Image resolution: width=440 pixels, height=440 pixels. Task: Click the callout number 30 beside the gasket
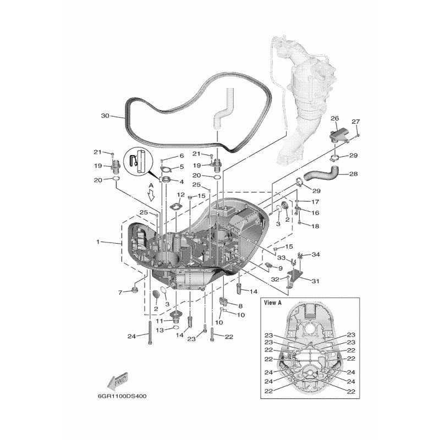point(105,116)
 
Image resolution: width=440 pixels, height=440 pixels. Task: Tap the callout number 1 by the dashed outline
point(98,241)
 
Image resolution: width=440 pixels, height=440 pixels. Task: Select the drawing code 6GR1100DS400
point(122,396)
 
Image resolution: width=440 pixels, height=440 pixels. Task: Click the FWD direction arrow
point(118,381)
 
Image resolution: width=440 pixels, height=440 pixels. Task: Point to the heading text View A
point(273,303)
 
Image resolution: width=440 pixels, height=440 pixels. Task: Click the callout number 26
point(335,118)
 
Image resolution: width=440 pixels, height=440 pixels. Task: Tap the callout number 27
point(355,122)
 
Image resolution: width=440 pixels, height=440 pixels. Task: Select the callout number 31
point(315,281)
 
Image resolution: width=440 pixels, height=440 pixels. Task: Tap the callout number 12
point(181,195)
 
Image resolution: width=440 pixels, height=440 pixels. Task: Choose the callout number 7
point(120,293)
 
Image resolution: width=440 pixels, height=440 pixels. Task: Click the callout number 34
point(316,255)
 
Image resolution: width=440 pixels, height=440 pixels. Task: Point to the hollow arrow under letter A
point(151,195)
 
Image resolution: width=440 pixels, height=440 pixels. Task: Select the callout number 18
point(315,226)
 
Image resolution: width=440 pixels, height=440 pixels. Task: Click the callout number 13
point(159,331)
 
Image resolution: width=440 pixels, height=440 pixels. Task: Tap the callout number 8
point(240,306)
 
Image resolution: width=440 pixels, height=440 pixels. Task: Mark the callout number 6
point(182,156)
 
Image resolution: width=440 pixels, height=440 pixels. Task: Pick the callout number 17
point(315,202)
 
